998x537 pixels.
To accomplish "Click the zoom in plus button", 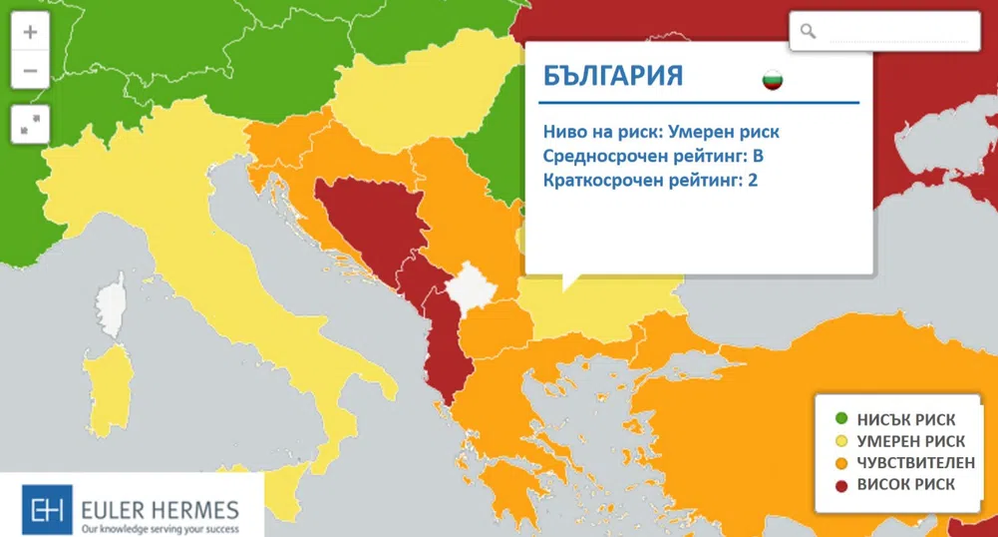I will [30, 32].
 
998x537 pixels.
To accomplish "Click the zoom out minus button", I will [30, 71].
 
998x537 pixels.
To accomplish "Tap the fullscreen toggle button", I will [30, 123].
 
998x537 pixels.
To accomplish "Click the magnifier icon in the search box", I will [809, 32].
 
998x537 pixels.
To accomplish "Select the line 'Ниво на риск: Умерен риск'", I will [661, 132].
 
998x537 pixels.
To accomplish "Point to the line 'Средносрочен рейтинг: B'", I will [653, 157].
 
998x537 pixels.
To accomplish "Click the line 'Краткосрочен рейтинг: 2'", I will [651, 181].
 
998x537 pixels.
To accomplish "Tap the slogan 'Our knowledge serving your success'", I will [160, 527].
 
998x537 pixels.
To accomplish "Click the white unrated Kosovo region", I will [467, 288].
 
